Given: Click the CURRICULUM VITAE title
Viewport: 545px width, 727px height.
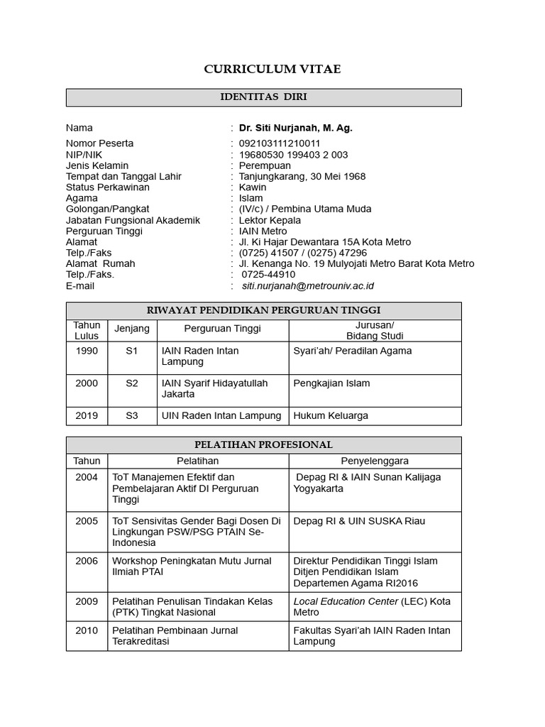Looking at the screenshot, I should [272, 69].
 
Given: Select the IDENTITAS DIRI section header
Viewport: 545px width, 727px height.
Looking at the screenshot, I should [263, 97].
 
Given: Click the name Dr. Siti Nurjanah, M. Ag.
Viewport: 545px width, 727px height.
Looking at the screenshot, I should [295, 128].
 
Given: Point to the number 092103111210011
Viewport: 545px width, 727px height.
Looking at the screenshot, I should [280, 143].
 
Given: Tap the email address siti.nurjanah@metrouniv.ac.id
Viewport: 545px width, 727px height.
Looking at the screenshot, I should [308, 286].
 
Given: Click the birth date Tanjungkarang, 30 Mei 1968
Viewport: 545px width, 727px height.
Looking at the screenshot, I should [302, 176].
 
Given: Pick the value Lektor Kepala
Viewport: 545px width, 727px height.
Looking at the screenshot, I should [270, 220].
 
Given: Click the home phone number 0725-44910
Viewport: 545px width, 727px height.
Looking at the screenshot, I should [269, 274].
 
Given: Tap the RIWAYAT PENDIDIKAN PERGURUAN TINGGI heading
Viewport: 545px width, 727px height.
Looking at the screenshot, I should [263, 310].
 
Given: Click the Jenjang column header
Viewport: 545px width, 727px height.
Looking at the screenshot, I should [132, 329].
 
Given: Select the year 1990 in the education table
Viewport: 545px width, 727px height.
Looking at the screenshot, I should [87, 351].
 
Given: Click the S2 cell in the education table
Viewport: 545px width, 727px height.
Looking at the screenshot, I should [132, 383].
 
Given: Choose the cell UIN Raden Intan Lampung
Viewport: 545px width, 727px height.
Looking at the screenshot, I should [221, 415].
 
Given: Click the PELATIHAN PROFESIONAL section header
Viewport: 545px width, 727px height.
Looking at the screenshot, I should [263, 445].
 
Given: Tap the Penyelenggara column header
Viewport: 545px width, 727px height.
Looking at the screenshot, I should [375, 461].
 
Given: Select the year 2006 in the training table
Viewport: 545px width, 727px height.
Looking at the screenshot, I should [87, 561].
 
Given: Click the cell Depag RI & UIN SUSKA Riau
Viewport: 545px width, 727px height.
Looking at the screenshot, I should [359, 521].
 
